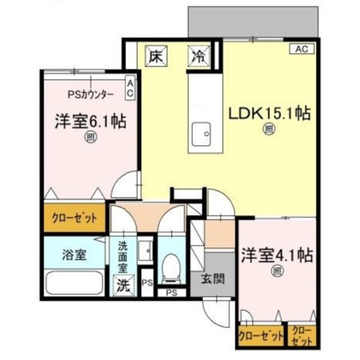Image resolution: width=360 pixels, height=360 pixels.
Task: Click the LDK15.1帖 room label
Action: [269, 113]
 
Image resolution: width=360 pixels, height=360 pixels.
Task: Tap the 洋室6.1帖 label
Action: [90, 120]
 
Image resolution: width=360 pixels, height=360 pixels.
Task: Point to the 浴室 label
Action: [73, 254]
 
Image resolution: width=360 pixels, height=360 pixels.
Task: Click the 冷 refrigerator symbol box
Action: [198, 56]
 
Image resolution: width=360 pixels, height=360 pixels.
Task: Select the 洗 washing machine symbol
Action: [123, 285]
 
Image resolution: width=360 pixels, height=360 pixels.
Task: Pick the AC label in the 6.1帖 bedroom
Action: [129, 89]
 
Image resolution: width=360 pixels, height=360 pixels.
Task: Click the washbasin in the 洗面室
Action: [145, 247]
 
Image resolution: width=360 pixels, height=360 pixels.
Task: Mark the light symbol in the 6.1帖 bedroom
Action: [90, 136]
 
